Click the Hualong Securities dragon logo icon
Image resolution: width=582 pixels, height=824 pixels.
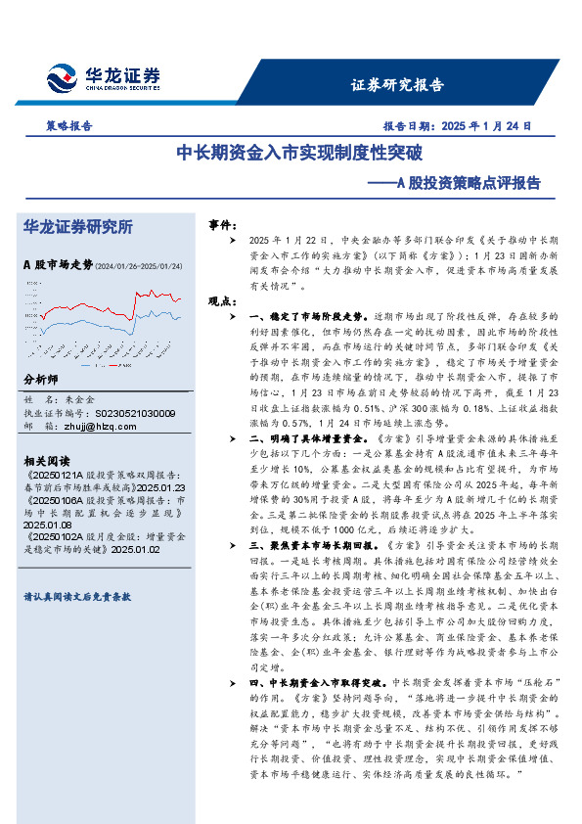(x=62, y=75)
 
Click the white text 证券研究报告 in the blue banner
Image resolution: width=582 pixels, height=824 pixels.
(x=397, y=84)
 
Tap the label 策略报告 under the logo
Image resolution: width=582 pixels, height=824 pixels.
(x=69, y=125)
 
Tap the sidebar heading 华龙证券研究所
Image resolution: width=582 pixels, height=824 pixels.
(x=77, y=227)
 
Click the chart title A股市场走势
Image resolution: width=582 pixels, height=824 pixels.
(x=57, y=264)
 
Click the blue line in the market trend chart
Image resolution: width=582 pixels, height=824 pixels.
(x=147, y=315)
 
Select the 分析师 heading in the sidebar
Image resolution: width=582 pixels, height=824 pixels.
(x=40, y=379)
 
